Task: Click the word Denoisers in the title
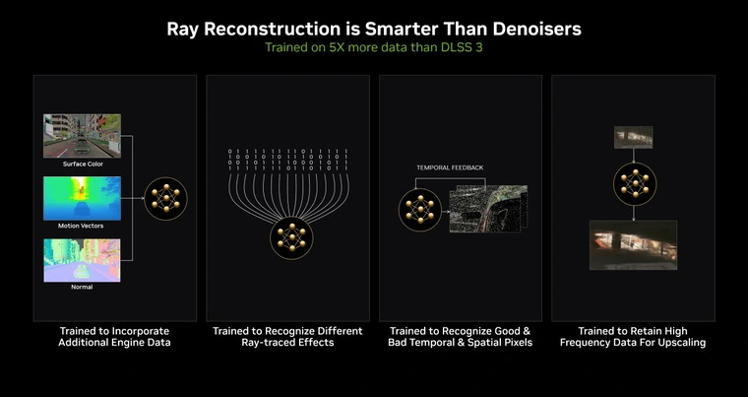click(536, 30)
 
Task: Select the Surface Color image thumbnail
click(82, 136)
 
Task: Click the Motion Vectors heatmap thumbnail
click(82, 198)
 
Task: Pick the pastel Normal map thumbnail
click(82, 260)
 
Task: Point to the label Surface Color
click(83, 164)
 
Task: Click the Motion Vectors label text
click(81, 226)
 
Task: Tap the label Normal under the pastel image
click(82, 287)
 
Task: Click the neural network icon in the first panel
click(165, 198)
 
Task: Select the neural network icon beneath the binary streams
click(291, 238)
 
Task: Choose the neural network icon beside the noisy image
click(420, 210)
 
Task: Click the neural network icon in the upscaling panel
click(635, 184)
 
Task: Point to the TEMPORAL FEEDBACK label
click(450, 167)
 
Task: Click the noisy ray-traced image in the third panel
click(488, 209)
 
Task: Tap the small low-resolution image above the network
click(634, 137)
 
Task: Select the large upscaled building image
click(634, 245)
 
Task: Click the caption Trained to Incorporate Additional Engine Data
click(114, 337)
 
